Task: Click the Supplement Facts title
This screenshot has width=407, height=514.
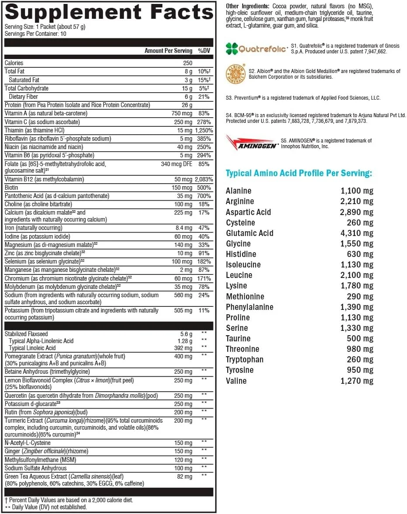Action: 109,12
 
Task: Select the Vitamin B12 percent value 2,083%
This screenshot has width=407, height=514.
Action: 203,179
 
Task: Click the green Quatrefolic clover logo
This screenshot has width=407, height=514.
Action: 232,49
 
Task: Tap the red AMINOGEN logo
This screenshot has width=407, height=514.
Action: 251,143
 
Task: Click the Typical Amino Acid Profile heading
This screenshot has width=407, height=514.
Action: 299,174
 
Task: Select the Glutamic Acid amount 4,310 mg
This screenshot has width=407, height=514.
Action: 357,233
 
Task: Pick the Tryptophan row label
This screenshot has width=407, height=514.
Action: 244,359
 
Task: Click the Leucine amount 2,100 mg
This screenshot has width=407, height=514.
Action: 357,275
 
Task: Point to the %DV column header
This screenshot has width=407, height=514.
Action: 204,51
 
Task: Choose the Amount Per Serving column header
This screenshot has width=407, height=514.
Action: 168,51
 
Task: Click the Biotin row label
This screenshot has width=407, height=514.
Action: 11,188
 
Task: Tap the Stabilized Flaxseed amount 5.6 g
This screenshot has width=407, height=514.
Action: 186,334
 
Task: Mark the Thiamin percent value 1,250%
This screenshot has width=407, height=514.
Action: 203,130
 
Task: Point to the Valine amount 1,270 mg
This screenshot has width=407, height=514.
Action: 357,381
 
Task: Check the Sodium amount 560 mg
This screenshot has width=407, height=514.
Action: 184,295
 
